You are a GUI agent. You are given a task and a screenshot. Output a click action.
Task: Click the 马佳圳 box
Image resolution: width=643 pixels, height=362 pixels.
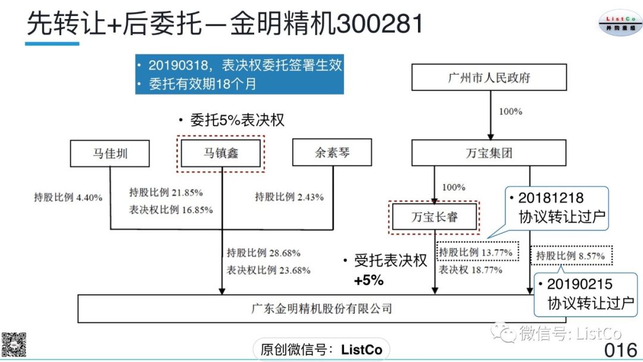pos(110,154)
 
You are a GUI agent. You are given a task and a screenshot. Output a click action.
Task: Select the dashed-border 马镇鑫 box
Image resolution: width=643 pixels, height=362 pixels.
pos(221,154)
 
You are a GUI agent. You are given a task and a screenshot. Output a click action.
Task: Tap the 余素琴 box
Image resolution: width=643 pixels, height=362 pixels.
pos(332,154)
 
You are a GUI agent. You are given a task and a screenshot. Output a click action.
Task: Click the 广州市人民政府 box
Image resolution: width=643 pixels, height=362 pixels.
pos(489,78)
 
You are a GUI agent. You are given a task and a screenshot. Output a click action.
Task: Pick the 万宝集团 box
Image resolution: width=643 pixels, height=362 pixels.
pos(489,154)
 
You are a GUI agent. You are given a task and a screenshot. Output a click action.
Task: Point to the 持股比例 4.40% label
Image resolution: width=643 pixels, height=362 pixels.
pos(68,197)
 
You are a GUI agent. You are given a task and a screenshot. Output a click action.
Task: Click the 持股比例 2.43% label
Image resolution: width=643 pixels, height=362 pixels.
pos(289,197)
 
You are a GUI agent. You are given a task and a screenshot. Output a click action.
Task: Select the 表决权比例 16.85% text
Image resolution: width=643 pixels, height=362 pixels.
pos(171,210)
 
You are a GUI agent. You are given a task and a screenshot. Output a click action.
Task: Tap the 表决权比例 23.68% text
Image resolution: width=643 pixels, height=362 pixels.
pos(269,270)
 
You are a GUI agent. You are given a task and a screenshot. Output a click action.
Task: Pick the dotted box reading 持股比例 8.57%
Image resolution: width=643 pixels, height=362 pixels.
pos(570,256)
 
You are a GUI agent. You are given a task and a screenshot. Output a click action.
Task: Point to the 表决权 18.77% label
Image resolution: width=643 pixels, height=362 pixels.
pos(470,270)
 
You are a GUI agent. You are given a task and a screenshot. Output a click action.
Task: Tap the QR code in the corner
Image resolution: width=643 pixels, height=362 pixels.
pos(14,344)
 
